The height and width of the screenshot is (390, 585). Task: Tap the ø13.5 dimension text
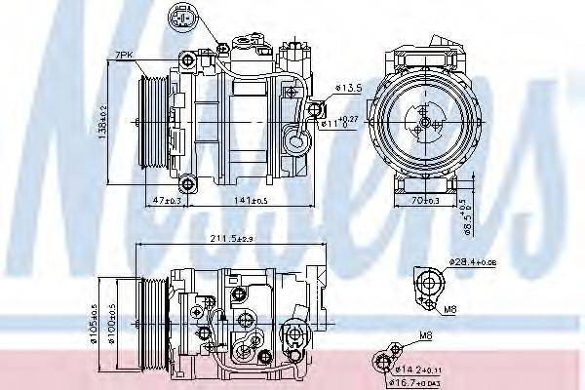[348, 88]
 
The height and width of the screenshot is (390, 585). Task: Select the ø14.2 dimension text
[420, 370]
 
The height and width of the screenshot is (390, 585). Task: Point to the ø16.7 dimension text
[420, 383]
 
